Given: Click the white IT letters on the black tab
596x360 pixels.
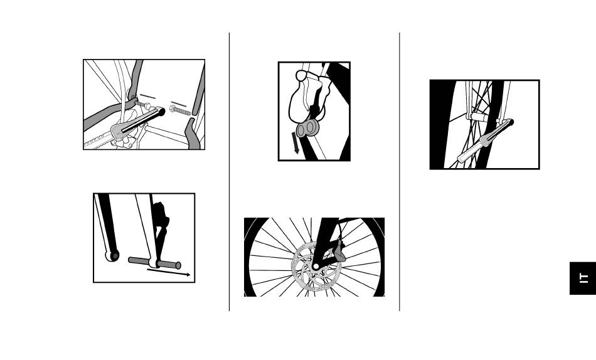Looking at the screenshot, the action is click(x=583, y=278).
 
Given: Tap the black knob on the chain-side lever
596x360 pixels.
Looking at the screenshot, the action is click(x=161, y=112).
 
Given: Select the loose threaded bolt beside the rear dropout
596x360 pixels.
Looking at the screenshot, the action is click(x=180, y=110).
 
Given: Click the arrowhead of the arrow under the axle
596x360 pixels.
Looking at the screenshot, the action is click(x=187, y=275).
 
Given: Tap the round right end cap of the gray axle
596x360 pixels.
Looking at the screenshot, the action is click(x=178, y=265).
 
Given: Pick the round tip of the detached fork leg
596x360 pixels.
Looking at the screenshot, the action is click(x=112, y=255).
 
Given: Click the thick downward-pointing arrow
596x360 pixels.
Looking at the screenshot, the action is click(x=295, y=143).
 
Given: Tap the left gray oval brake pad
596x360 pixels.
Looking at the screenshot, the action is click(x=301, y=130).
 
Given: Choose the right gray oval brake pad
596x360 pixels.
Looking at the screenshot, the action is click(x=311, y=127).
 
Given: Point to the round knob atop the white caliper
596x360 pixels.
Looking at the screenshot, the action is click(x=301, y=76).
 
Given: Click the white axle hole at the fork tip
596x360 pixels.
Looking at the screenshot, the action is click(x=316, y=267).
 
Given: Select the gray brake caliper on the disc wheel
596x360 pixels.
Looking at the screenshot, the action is click(x=339, y=251).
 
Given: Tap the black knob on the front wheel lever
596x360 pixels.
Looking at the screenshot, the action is click(x=510, y=122).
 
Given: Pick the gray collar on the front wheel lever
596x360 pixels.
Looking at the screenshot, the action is click(x=486, y=140).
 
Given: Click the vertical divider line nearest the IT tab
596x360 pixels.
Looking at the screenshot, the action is click(x=400, y=172).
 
